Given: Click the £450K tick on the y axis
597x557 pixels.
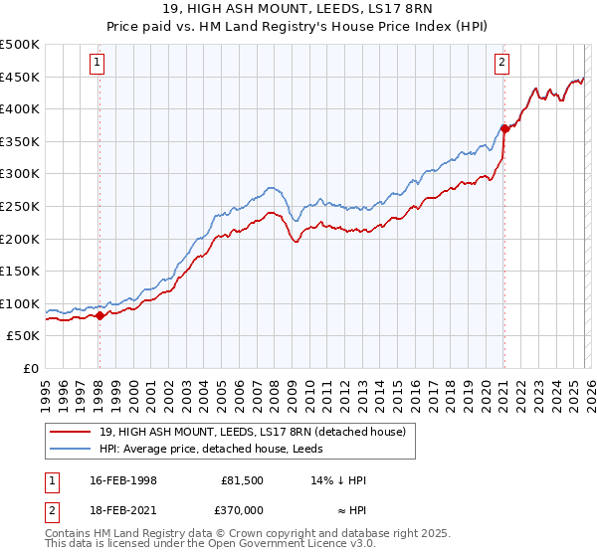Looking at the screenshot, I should point(20,77).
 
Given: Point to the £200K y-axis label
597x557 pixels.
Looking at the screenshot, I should point(20,239).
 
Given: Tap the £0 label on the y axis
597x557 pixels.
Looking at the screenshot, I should point(31,368).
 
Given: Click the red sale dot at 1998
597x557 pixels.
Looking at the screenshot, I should point(99,315).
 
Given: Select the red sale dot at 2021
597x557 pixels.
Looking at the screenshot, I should point(504,128).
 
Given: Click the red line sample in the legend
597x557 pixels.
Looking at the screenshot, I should point(73,433).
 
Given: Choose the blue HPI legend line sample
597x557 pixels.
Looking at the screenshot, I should point(73,450).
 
